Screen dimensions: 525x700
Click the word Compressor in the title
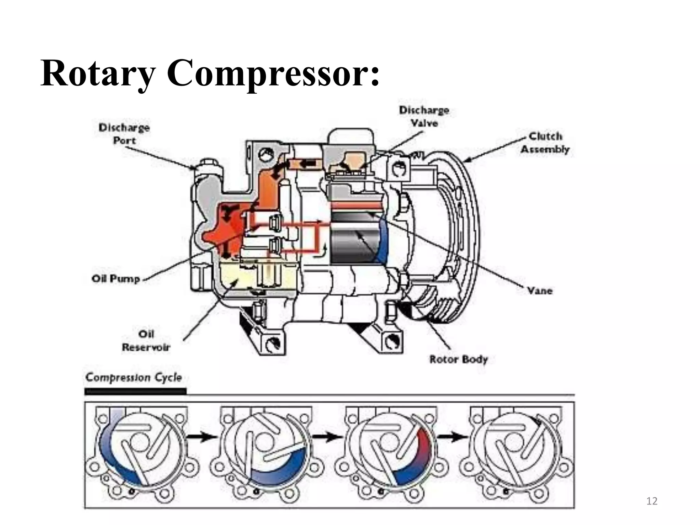273,73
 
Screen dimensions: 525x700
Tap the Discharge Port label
124,134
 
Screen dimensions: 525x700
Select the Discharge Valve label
424,117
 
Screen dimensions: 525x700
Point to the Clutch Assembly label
545,143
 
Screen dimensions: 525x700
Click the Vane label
539,291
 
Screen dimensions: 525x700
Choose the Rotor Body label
458,359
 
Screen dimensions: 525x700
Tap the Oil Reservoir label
146,340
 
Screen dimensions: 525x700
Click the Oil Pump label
116,279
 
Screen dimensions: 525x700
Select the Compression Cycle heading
134,377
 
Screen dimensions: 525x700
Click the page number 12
652,501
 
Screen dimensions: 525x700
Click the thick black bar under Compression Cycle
135,391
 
